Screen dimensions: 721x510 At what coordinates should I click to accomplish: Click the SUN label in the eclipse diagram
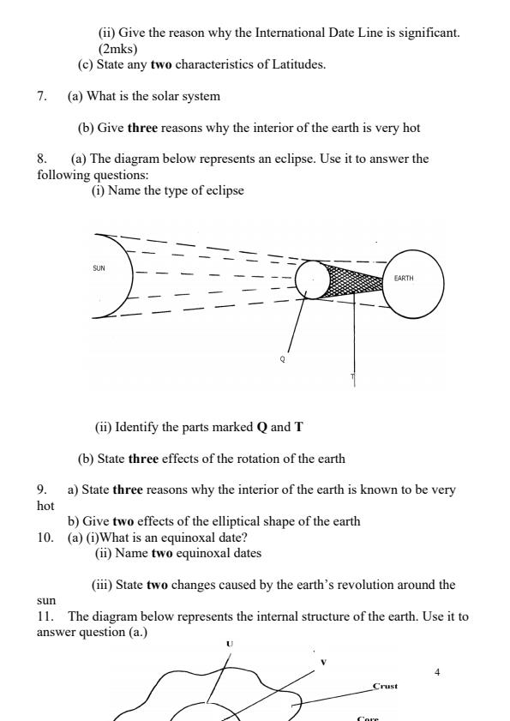tap(99, 268)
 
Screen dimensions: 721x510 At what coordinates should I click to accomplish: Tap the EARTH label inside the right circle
tap(404, 279)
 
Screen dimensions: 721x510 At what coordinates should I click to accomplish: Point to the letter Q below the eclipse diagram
tap(282, 359)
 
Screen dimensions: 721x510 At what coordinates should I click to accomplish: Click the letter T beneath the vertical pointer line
tap(352, 377)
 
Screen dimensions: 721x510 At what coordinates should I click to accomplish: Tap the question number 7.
tap(41, 95)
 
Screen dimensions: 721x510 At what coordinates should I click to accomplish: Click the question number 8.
tap(41, 159)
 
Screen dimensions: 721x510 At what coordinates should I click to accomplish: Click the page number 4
tap(437, 672)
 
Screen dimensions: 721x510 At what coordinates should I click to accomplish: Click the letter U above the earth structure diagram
tap(230, 643)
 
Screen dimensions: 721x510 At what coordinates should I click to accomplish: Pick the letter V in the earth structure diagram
tap(323, 661)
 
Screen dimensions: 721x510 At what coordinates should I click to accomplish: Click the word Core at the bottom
tap(368, 717)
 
